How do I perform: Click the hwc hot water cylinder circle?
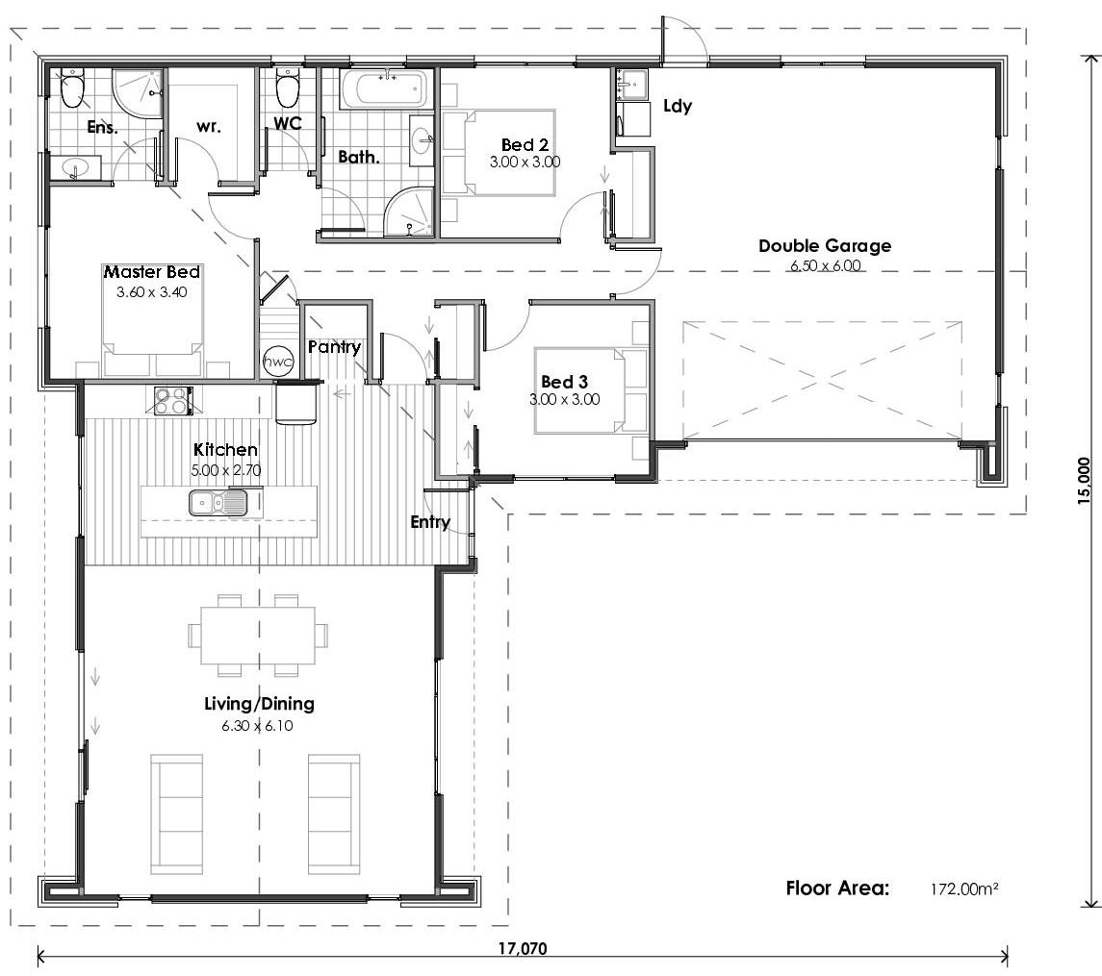point(278,360)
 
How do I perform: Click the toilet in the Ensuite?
point(72,90)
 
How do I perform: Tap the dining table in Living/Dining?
point(257,636)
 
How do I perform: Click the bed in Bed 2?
point(500,153)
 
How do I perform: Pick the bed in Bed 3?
point(587,392)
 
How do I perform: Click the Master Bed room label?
point(152,273)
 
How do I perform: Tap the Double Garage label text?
point(824,246)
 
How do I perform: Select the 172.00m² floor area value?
point(963,889)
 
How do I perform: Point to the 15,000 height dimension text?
point(1086,481)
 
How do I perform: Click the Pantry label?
point(334,347)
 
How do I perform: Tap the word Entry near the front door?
point(429,522)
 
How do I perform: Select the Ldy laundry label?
point(678,106)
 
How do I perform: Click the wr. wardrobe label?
point(210,126)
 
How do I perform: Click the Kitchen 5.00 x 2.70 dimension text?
point(225,470)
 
